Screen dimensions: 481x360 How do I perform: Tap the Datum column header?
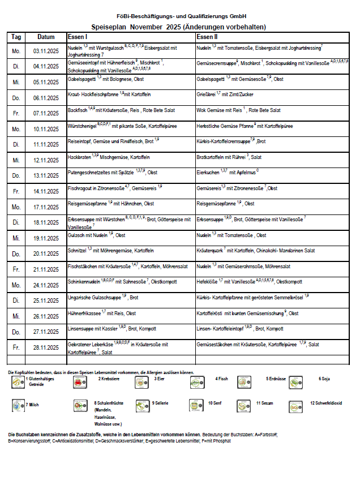[46, 37]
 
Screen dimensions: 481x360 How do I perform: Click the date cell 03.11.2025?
[46, 50]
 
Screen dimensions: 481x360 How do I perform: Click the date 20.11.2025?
[46, 254]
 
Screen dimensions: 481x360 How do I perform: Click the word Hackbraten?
[78, 156]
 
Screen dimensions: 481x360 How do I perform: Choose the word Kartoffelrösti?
[209, 312]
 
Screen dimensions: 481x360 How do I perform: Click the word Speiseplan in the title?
[109, 27]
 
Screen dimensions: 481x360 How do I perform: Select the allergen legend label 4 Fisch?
[221, 378]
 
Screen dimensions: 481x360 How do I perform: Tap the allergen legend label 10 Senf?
[215, 403]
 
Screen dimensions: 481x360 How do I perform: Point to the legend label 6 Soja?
[324, 378]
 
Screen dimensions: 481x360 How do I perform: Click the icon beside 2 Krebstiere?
[78, 383]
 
